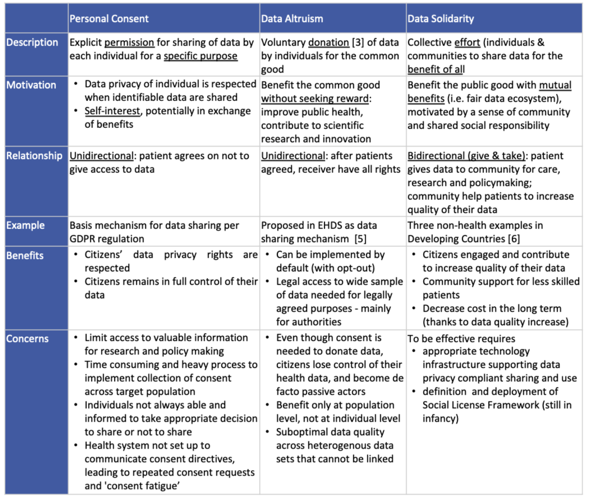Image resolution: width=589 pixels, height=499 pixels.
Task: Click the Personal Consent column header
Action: tap(109, 19)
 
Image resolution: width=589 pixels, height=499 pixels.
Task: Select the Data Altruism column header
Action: tap(292, 19)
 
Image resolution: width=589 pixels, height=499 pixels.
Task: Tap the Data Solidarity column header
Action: tap(440, 19)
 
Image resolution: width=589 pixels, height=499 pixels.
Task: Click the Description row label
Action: tap(32, 42)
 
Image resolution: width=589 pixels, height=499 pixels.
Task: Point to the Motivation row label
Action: tap(31, 85)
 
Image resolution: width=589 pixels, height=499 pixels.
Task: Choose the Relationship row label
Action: tap(34, 156)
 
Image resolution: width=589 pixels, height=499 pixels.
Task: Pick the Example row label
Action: tap(25, 226)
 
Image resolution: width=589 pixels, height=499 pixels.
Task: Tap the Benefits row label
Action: tap(25, 255)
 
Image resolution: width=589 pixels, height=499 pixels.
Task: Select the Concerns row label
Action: tap(27, 339)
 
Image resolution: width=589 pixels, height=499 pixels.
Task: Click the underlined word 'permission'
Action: tap(129, 42)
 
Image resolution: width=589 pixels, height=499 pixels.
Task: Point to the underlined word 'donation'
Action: tap(328, 42)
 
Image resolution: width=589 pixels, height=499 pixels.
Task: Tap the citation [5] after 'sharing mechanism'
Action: tap(360, 239)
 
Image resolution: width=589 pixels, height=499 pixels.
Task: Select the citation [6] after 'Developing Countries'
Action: tap(514, 239)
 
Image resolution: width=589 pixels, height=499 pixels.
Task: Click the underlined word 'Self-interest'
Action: tap(112, 111)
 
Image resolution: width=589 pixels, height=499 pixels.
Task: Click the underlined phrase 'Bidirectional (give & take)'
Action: tap(466, 156)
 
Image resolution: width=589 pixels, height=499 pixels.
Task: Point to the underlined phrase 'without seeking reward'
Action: tap(315, 99)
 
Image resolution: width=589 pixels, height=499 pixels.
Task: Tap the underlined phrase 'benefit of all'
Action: tap(436, 69)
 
